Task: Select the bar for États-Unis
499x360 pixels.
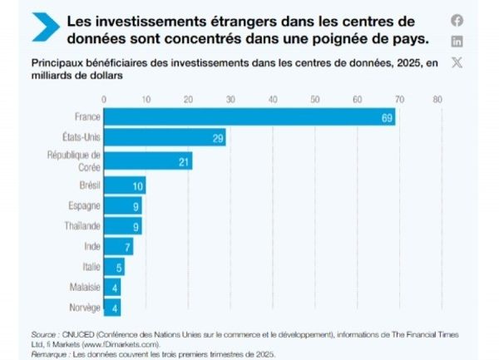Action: pyautogui.click(x=164, y=139)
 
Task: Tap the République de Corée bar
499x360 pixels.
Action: pyautogui.click(x=147, y=160)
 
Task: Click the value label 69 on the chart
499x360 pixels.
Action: pyautogui.click(x=387, y=117)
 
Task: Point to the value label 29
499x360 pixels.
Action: pyautogui.click(x=218, y=139)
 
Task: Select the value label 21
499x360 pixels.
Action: pyautogui.click(x=184, y=161)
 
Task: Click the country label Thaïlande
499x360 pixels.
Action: pyautogui.click(x=82, y=225)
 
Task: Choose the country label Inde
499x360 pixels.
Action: pyautogui.click(x=92, y=246)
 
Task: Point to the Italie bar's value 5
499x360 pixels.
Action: pyautogui.click(x=119, y=267)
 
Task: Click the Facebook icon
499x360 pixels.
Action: pyautogui.click(x=457, y=21)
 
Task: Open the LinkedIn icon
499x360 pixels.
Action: pyautogui.click(x=457, y=42)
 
